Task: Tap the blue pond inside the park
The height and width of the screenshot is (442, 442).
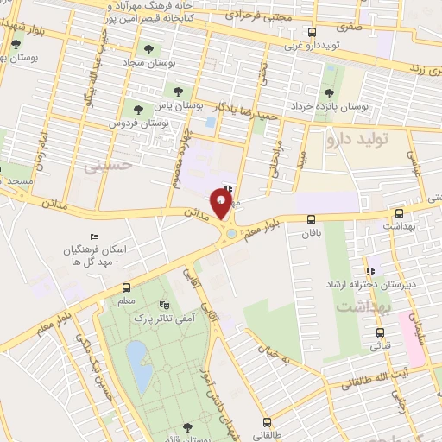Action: coord(137,355)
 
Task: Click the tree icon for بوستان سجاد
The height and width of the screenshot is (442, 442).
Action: coord(148,49)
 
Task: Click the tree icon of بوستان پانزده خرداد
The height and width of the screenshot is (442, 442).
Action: coord(328,94)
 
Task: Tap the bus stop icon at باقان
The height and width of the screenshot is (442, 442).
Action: coord(310,219)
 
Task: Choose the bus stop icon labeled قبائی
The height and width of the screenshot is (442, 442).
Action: coord(380,332)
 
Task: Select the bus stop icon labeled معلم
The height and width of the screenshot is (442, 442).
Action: coord(127,288)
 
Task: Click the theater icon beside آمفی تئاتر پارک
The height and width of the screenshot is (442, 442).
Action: coord(164,305)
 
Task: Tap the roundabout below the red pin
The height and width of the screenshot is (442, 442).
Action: coord(230,233)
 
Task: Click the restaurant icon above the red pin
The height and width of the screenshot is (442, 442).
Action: coord(228,188)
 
